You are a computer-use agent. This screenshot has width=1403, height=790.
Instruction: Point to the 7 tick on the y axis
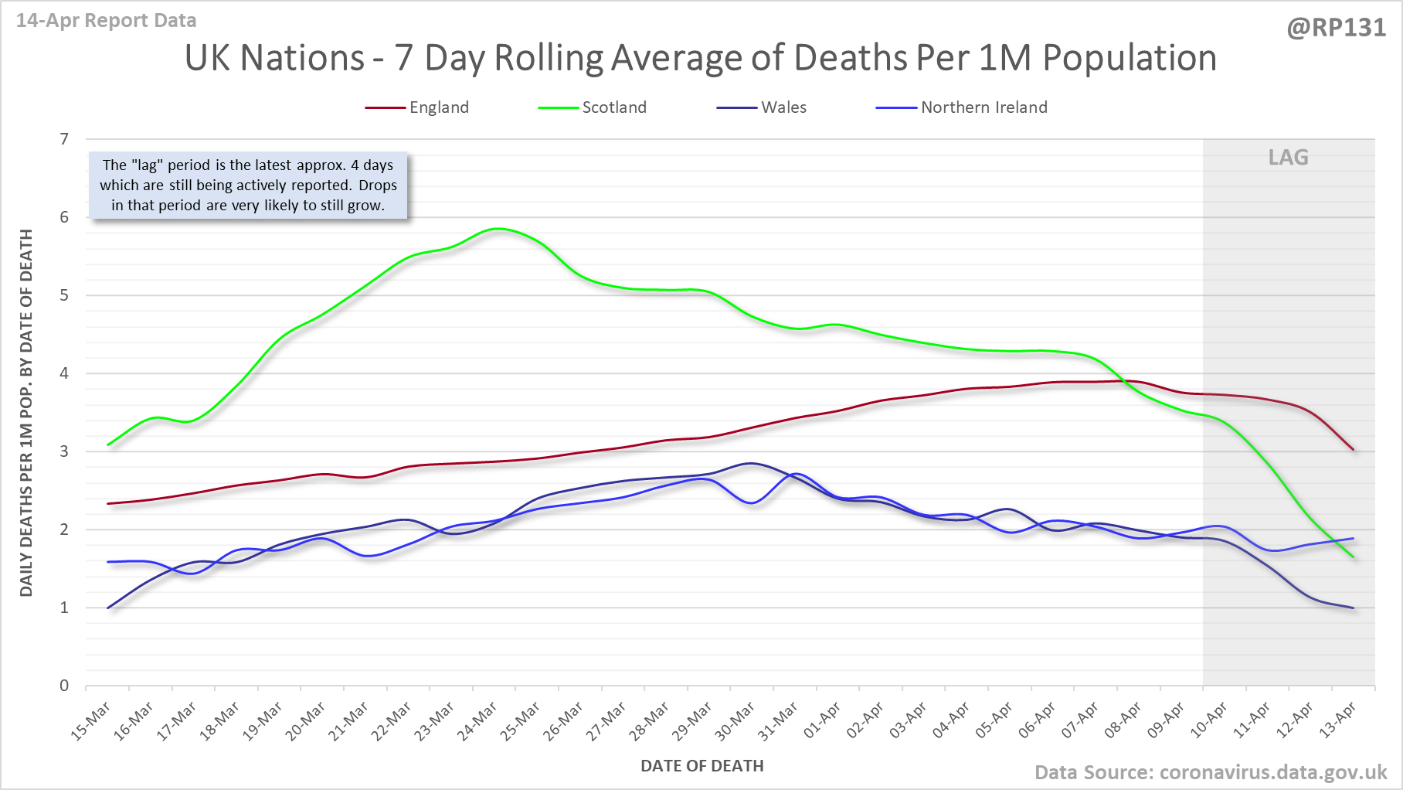(x=64, y=139)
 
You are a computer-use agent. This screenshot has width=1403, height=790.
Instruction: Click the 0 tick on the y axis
(x=64, y=686)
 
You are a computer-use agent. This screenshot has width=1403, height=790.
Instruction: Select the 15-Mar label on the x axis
(x=92, y=721)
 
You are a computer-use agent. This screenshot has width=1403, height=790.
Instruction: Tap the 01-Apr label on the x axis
(x=822, y=721)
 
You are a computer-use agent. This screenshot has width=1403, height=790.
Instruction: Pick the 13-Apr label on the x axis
(x=1338, y=721)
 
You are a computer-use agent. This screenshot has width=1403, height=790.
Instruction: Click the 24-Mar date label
(x=478, y=721)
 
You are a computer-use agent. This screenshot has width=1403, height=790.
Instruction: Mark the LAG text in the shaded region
(x=1288, y=158)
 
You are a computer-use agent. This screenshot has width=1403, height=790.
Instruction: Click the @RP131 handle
(x=1336, y=28)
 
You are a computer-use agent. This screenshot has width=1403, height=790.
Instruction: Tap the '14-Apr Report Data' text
(x=107, y=21)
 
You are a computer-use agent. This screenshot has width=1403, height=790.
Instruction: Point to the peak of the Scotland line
(x=499, y=229)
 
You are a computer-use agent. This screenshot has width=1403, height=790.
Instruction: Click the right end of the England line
(x=1353, y=449)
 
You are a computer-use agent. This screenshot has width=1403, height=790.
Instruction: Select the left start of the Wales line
(x=108, y=608)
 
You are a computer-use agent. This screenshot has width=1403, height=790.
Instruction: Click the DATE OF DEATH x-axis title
(x=701, y=766)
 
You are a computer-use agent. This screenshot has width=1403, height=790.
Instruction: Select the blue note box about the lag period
(x=248, y=186)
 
